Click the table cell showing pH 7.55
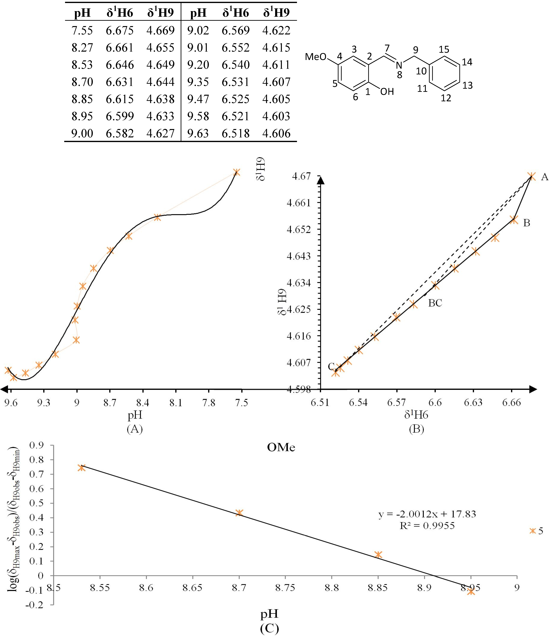pyautogui.click(x=82, y=30)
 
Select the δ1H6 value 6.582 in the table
pyautogui.click(x=120, y=133)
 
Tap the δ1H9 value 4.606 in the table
pyautogui.click(x=276, y=133)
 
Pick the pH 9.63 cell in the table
pyautogui.click(x=198, y=133)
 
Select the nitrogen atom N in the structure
pyautogui.click(x=399, y=65)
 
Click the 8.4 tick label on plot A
pyautogui.click(x=143, y=403)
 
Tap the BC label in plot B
pyautogui.click(x=435, y=303)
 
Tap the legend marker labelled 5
pyautogui.click(x=533, y=531)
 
